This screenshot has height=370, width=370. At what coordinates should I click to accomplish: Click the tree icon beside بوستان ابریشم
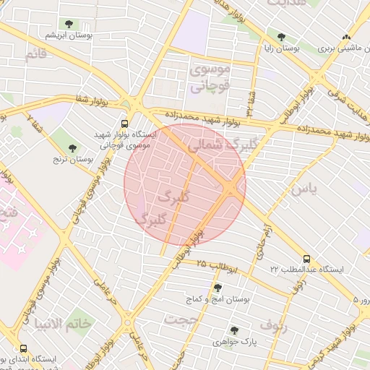69,25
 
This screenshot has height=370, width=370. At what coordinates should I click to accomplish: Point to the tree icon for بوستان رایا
281,37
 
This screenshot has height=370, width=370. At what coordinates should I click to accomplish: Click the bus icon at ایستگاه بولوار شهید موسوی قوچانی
126,124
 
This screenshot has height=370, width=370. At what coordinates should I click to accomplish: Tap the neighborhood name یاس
301,189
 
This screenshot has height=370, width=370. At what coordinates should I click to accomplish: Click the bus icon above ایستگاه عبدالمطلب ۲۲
306,258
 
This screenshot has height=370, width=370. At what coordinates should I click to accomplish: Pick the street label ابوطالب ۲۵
217,266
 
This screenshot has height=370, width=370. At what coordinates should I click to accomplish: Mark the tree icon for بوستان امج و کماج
218,288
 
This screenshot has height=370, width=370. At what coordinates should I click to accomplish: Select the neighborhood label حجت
181,319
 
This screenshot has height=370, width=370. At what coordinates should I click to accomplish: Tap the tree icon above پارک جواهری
234,330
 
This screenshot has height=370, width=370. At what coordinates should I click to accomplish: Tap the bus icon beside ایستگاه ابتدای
13,358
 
